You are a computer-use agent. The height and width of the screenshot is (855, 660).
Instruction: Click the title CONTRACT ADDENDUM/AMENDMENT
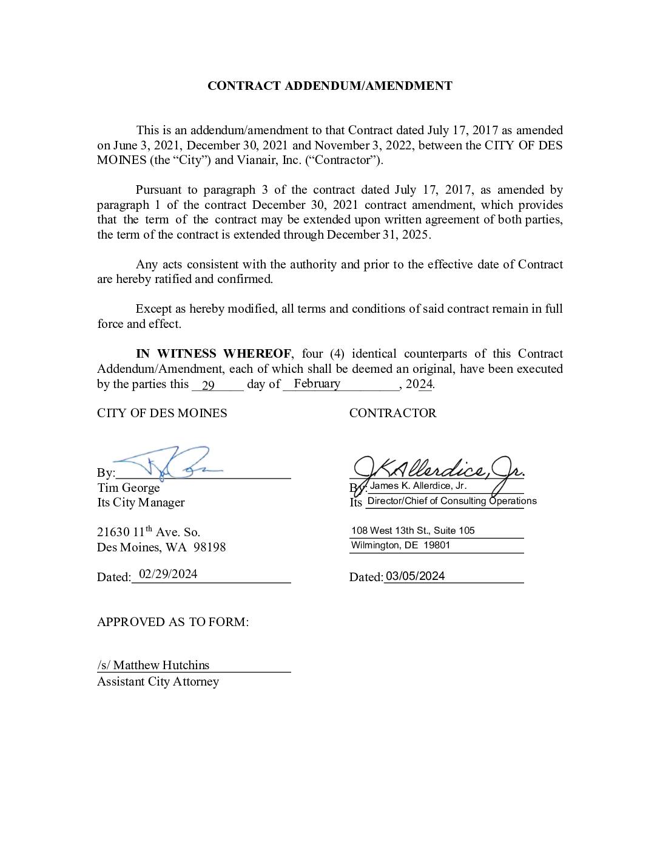point(329,86)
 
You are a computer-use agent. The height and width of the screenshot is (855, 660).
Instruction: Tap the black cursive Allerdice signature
point(437,468)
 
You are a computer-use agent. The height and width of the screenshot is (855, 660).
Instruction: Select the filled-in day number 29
point(208,385)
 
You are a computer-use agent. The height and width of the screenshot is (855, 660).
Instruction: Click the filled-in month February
point(317,384)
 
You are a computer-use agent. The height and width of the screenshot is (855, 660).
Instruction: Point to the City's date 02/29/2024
point(168,574)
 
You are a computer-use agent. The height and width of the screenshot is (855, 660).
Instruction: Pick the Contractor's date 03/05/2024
point(416,576)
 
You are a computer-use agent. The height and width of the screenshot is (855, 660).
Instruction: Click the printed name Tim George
point(129,488)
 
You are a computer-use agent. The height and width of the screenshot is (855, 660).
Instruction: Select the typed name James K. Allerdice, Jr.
point(418,486)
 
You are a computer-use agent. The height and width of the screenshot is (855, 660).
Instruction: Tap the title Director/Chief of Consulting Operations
point(452,501)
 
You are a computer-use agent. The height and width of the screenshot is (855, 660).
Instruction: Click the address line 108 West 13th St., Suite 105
point(412,531)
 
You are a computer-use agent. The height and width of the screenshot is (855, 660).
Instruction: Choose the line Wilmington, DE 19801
point(400,545)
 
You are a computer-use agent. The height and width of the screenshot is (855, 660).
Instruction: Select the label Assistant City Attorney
point(158,681)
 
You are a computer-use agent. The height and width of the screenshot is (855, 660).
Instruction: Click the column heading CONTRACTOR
point(392,413)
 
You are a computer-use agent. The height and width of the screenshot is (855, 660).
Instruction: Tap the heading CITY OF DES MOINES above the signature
point(162,413)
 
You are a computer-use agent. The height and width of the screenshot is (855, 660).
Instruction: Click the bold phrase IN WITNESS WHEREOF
point(214,354)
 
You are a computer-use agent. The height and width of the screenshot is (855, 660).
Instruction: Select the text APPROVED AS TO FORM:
point(173,622)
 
